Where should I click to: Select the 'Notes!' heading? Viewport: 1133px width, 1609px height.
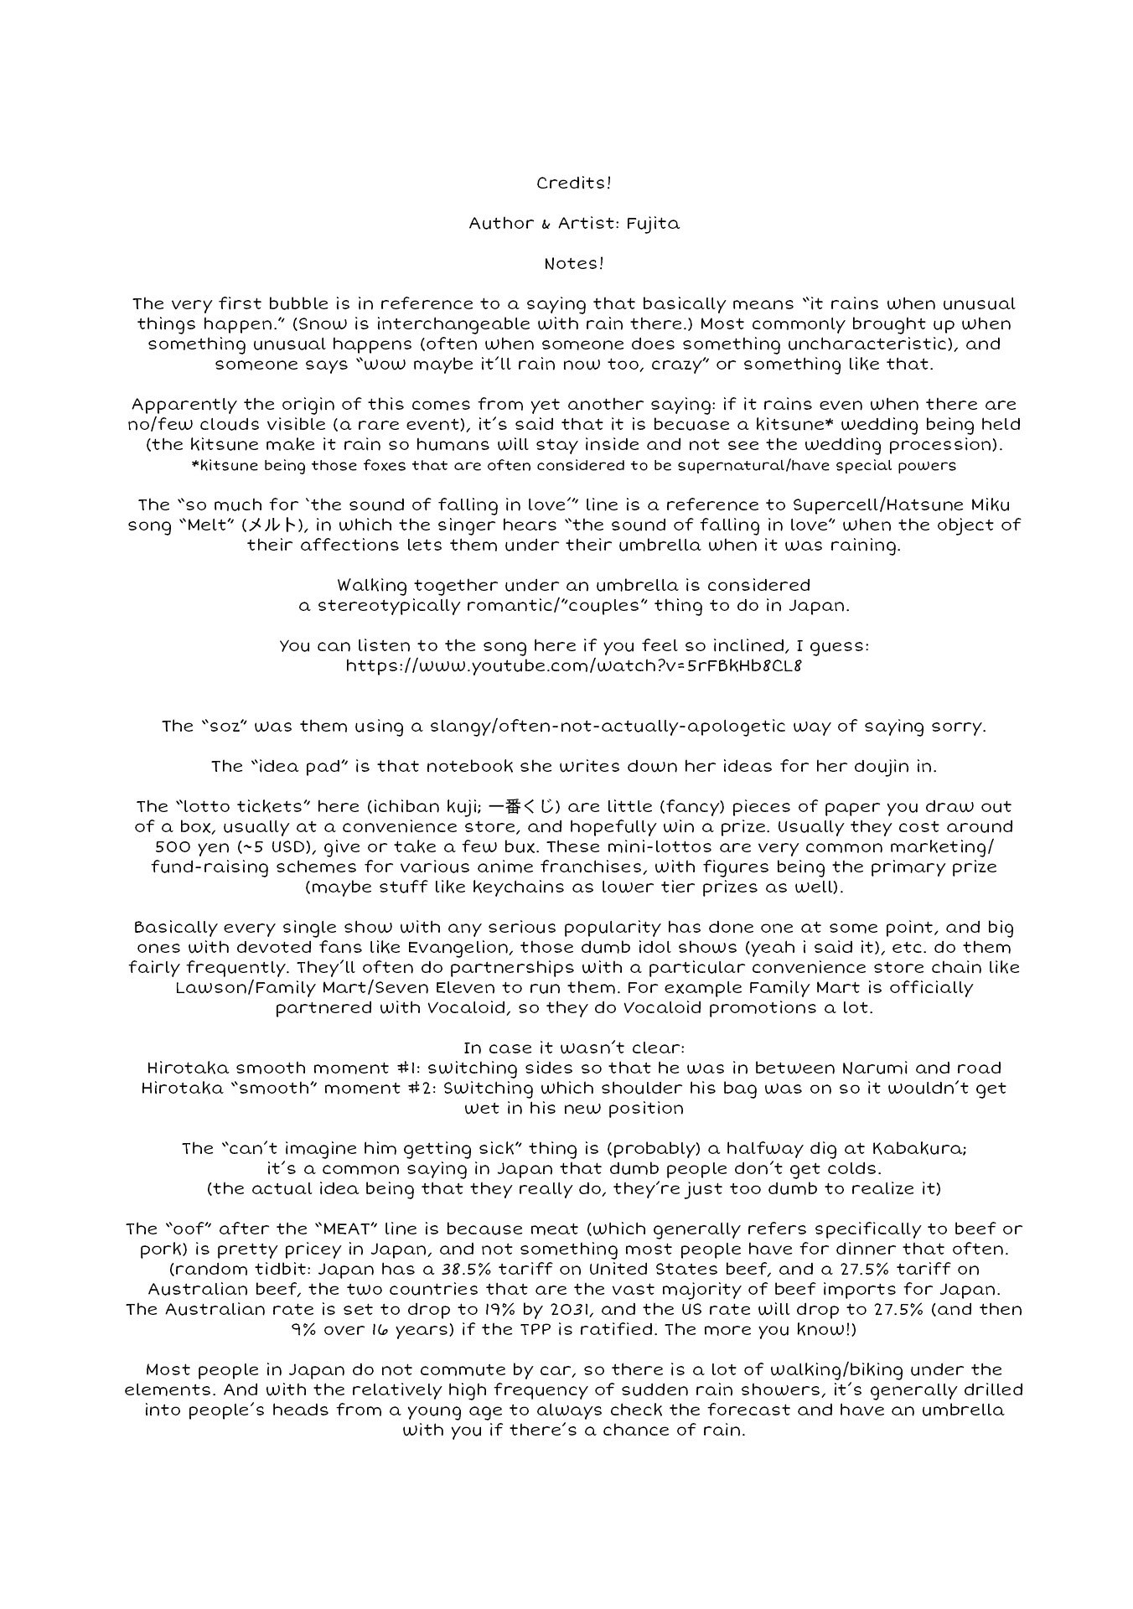[x=573, y=263]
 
